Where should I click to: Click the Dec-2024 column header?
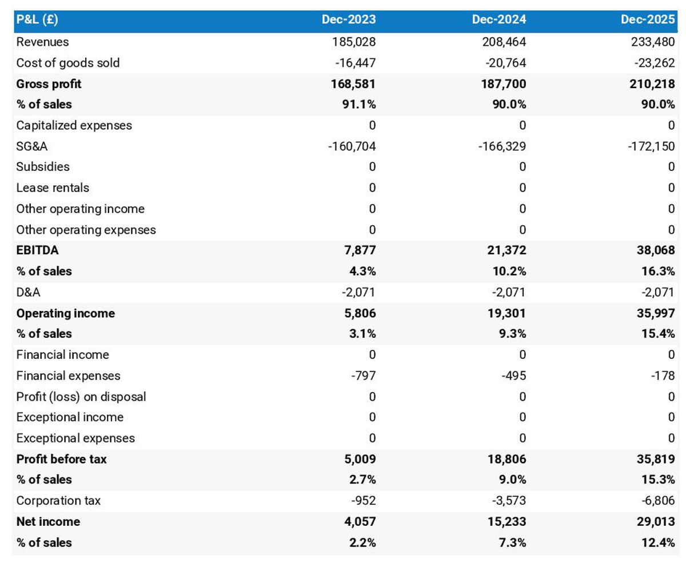tap(498, 20)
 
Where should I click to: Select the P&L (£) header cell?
tap(37, 20)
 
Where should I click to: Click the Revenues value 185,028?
tap(354, 42)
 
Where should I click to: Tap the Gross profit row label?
tap(49, 84)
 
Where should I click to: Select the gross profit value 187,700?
tap(504, 84)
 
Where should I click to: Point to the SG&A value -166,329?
tap(501, 146)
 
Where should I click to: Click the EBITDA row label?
tap(37, 250)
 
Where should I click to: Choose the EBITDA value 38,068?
tap(656, 250)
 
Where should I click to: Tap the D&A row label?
tap(29, 293)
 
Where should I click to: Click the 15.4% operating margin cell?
tap(658, 334)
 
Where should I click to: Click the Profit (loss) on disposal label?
tap(81, 397)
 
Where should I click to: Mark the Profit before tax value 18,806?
tap(506, 459)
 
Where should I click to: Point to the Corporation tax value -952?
tap(363, 501)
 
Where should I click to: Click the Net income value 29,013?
tap(656, 521)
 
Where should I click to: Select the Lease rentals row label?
tap(53, 188)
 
